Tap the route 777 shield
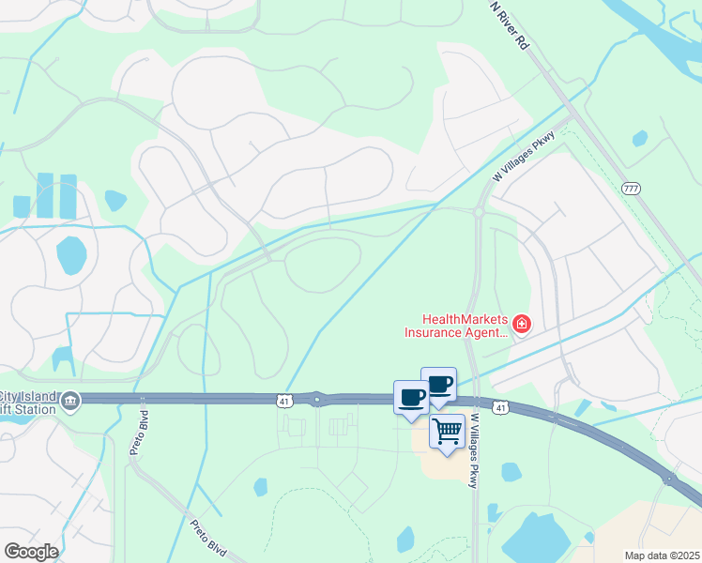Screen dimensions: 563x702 (x=630, y=189)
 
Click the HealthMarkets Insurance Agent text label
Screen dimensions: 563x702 (x=456, y=326)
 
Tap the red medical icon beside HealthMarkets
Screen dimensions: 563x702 (x=522, y=326)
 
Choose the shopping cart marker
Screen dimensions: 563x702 (x=448, y=432)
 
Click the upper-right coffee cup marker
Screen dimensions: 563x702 (x=438, y=383)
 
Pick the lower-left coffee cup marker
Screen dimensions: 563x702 (x=411, y=397)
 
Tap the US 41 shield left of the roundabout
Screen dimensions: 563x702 (x=283, y=401)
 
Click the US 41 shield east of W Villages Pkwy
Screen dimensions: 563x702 (x=501, y=407)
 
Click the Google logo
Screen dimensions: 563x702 (x=31, y=552)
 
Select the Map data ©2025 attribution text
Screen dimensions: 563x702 (x=662, y=555)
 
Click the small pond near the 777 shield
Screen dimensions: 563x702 (x=640, y=138)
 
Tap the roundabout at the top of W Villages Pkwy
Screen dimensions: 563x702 (x=479, y=212)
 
